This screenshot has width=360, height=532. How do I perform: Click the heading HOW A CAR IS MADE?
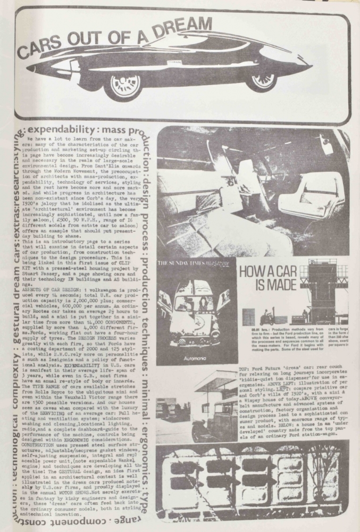pos(271,275)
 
